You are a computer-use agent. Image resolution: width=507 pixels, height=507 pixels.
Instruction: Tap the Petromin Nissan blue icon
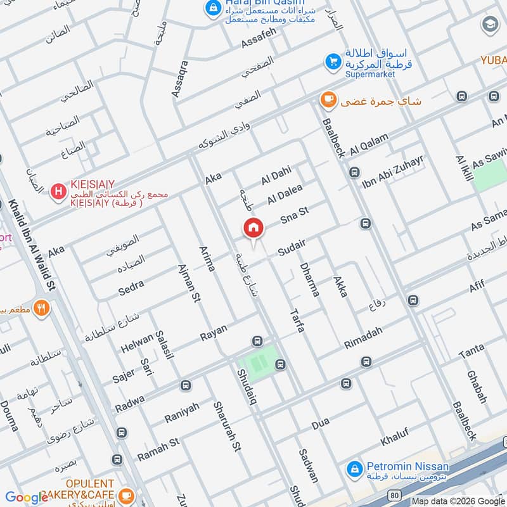click(x=355, y=469)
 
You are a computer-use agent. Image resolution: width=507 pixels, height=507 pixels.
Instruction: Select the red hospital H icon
click(x=58, y=190)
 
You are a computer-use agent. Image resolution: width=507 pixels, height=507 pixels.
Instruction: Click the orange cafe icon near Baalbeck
click(x=328, y=99)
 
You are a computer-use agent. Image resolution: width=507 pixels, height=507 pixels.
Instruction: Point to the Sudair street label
click(x=292, y=247)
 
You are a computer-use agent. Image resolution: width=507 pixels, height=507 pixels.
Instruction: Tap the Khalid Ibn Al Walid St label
click(x=29, y=244)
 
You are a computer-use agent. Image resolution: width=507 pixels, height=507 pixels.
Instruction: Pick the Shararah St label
click(x=227, y=426)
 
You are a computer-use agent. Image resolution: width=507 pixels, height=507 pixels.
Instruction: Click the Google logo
click(x=27, y=497)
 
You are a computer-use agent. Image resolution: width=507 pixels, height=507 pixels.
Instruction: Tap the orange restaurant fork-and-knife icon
click(x=42, y=308)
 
